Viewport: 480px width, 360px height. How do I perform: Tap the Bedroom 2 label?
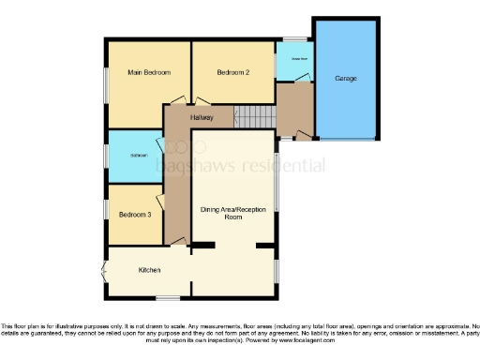tap(232, 71)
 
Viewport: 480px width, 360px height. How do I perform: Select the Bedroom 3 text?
tap(133, 215)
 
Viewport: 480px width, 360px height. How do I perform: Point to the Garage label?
tap(346, 78)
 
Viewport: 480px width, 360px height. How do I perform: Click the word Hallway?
tap(202, 118)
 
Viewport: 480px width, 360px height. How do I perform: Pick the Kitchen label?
tap(149, 270)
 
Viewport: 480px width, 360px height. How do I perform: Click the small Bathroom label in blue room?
tap(138, 155)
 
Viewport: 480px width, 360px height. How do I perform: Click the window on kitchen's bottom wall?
tap(168, 298)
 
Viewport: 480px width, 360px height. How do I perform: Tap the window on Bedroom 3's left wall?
tap(106, 211)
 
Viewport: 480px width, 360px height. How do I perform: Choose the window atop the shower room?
tap(293, 38)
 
